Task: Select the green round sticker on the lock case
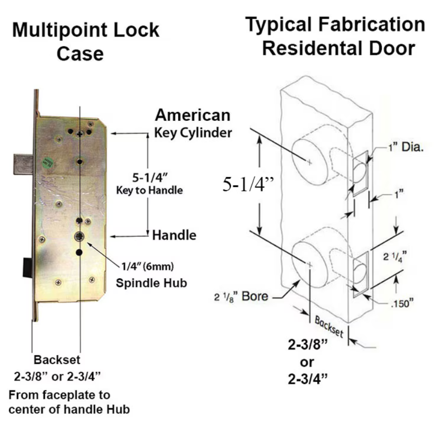tap(47, 162)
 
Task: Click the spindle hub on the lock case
tap(79, 237)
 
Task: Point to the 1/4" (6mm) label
tap(148, 266)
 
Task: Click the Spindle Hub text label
tap(151, 283)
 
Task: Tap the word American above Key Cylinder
tap(192, 115)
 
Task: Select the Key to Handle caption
tap(149, 190)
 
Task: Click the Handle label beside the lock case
tap(174, 235)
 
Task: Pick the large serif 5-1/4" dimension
tap(248, 184)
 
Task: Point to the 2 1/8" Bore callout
tap(241, 296)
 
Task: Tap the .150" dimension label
tap(402, 303)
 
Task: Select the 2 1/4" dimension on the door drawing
tap(395, 257)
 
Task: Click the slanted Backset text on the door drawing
tap(329, 327)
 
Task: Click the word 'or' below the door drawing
tap(307, 362)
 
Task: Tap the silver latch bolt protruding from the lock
tap(24, 164)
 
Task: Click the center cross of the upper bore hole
tap(309, 162)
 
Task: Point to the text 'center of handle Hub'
tap(70, 409)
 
